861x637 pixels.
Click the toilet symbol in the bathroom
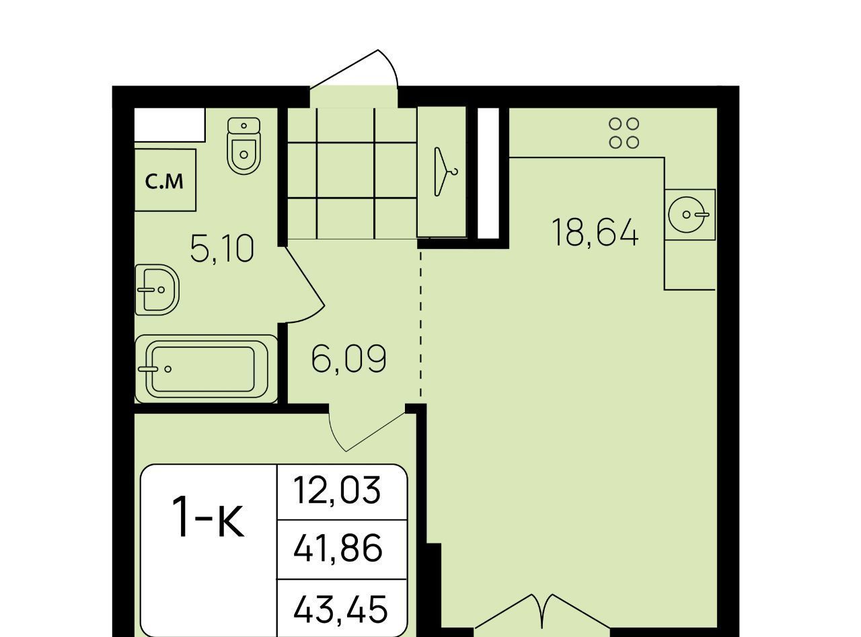244,145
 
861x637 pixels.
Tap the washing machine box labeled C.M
165,180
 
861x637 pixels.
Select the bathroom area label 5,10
223,248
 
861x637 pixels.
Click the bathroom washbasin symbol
157,290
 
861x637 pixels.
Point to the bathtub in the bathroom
206,369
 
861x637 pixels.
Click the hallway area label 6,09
349,359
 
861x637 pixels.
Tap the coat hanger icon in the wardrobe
445,172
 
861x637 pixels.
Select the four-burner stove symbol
624,134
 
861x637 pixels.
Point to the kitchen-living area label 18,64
595,232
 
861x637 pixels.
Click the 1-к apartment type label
208,517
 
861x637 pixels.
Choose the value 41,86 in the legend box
338,548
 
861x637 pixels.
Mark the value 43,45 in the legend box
340,608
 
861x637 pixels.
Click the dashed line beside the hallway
421,323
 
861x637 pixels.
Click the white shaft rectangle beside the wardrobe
488,173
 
